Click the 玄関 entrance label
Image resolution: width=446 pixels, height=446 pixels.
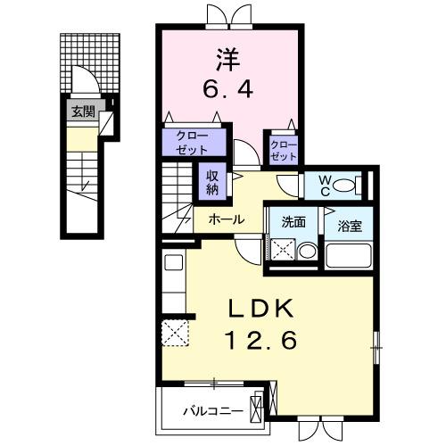click(x=81, y=112)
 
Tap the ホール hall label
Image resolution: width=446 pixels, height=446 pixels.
click(x=227, y=218)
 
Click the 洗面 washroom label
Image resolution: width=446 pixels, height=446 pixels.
click(x=293, y=222)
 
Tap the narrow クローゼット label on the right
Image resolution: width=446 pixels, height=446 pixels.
click(x=282, y=149)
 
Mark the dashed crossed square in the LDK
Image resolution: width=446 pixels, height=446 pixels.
click(x=174, y=333)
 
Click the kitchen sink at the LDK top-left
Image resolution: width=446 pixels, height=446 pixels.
click(x=173, y=264)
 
